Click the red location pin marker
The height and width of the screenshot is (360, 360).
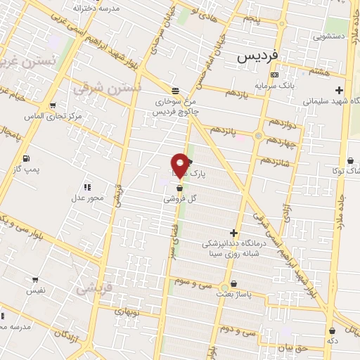(180, 165)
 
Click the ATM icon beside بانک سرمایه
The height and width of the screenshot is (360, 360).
(274, 75)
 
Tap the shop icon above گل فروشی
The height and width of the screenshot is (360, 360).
(179, 188)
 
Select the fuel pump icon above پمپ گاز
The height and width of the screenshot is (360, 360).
(26, 158)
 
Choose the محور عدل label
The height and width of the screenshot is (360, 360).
(88, 198)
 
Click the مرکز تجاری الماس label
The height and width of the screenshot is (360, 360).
(53, 115)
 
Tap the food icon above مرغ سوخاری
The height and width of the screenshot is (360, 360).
(174, 90)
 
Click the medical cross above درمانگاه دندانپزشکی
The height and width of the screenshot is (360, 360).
(233, 233)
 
